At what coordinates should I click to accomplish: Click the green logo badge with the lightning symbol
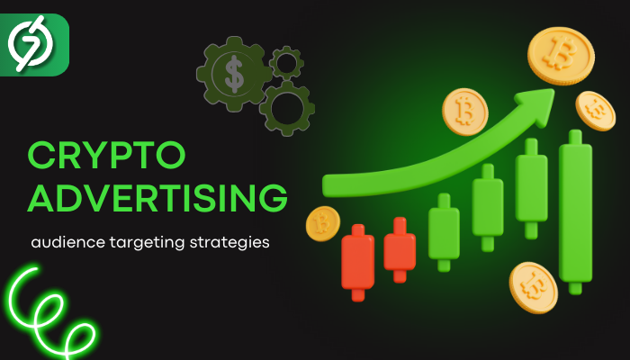[x=34, y=45]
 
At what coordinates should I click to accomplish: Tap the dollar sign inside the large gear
[x=234, y=74]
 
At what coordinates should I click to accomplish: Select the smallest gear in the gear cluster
[x=286, y=63]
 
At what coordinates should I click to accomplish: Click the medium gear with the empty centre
[x=287, y=109]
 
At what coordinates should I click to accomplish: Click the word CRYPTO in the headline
[x=106, y=155]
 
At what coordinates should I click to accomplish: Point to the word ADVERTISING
[x=157, y=197]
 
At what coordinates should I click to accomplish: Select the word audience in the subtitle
[x=67, y=242]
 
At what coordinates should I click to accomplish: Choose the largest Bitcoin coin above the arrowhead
[x=561, y=56]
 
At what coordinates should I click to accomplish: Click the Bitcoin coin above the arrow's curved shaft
[x=465, y=112]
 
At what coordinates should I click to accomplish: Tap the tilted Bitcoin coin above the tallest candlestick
[x=595, y=111]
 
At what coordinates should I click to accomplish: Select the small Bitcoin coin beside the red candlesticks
[x=322, y=223]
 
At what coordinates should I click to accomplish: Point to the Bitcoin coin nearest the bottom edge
[x=533, y=287]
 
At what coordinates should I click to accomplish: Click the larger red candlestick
[x=357, y=263]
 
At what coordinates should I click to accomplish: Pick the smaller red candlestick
[x=400, y=250]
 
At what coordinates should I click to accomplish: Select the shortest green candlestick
[x=444, y=232]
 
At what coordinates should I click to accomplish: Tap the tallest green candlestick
[x=575, y=212]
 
